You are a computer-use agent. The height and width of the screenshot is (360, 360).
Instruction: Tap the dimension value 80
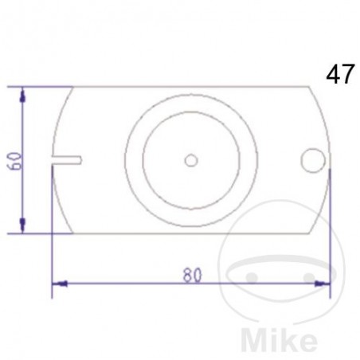[x=190, y=275]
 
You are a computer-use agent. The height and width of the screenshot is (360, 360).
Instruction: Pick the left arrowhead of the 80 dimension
[x=59, y=283]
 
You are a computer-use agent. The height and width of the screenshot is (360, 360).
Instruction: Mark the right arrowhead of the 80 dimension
[x=322, y=283]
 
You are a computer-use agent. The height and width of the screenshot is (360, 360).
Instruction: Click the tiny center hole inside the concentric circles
[x=190, y=160]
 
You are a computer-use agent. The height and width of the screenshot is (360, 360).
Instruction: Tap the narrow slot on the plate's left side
[x=67, y=160]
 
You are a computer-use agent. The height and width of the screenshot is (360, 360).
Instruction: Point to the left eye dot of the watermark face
[x=252, y=276]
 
